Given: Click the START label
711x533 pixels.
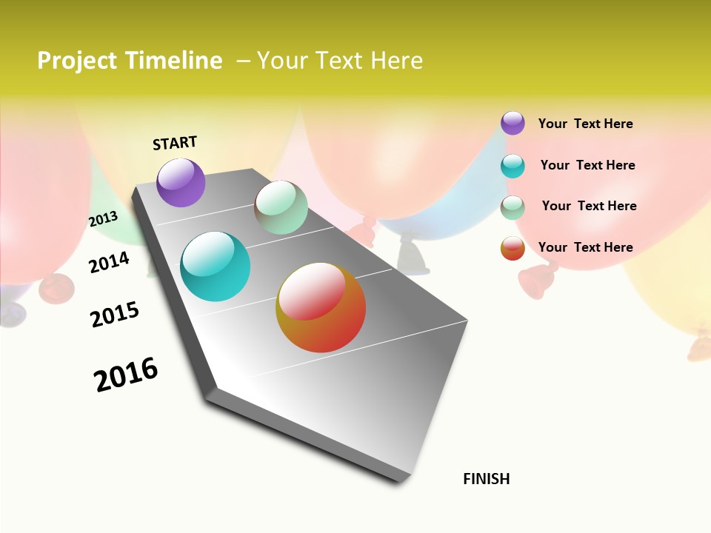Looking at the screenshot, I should pos(175,143).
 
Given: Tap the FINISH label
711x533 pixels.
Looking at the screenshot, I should pos(486,479).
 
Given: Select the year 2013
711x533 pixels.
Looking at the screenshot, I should pos(103,219).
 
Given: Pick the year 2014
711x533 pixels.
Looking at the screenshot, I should pos(109,262).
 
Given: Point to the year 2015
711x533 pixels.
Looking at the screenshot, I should pos(114,315).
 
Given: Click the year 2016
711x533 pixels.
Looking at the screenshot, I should pos(126,375).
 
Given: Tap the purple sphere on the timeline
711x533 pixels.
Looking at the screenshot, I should pos(181,183).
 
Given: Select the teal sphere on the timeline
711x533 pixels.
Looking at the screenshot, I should pos(215,266).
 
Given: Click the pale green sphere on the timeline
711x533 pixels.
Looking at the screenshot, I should pos(281,207).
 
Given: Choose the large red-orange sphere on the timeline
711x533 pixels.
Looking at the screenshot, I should pos(321,308).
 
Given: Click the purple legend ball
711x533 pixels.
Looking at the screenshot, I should pos(513,123).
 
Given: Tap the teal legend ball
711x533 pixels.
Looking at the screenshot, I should pos(513,166).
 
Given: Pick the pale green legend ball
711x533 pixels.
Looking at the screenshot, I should pos(513,207).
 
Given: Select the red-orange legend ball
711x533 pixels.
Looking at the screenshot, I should pos(513,248).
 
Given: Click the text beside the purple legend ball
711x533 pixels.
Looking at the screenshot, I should pos(585,124).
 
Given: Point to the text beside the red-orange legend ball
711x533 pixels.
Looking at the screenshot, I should pos(585,247).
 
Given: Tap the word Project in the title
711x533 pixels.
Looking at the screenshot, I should pos(78,61).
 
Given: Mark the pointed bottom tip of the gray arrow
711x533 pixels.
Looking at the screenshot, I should pos(400,481).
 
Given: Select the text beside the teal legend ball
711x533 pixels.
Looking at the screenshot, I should pos(587,165).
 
